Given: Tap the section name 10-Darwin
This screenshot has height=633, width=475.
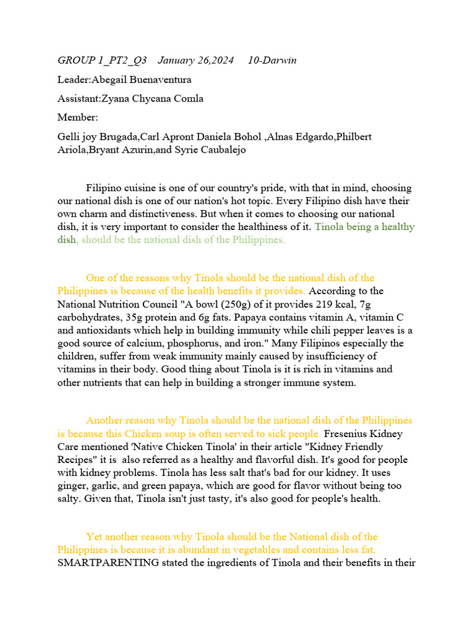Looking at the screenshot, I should pyautogui.click(x=272, y=60).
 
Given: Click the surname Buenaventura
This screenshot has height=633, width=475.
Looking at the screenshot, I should pyautogui.click(x=154, y=80).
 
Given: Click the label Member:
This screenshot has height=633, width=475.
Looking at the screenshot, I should pyautogui.click(x=78, y=117).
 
